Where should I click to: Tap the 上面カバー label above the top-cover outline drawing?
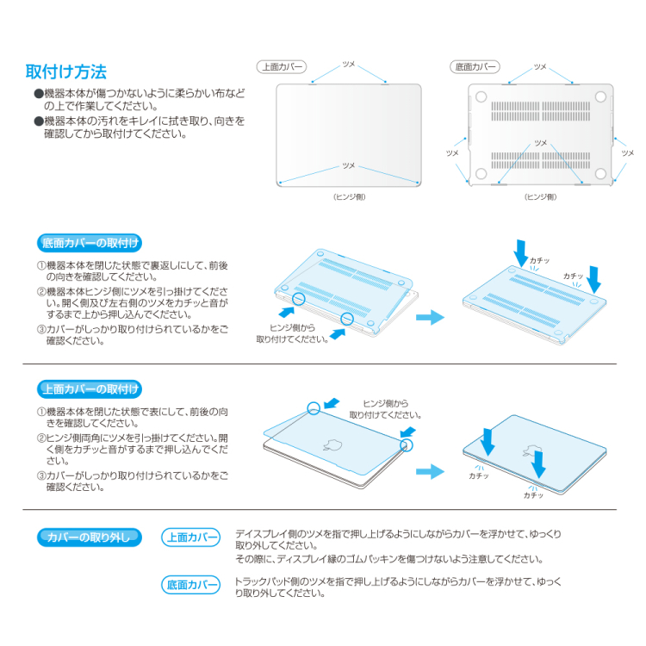click(281, 66)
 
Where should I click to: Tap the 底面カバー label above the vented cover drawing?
click(475, 66)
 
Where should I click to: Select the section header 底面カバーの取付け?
click(90, 242)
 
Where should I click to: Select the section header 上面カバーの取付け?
click(90, 388)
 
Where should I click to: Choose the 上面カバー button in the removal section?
click(191, 537)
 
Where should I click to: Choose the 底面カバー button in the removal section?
click(191, 586)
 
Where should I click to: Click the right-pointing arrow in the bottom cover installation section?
click(430, 319)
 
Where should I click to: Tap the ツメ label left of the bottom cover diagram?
click(452, 152)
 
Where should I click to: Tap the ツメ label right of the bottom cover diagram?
click(627, 152)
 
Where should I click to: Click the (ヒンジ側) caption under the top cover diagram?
click(349, 197)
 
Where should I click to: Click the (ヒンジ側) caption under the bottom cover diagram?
click(540, 197)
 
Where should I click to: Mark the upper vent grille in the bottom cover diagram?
click(540, 109)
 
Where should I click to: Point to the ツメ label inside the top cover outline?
click(348, 165)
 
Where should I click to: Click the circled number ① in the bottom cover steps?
click(40, 266)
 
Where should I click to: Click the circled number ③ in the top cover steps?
click(40, 475)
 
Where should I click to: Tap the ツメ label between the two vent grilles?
click(540, 142)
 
